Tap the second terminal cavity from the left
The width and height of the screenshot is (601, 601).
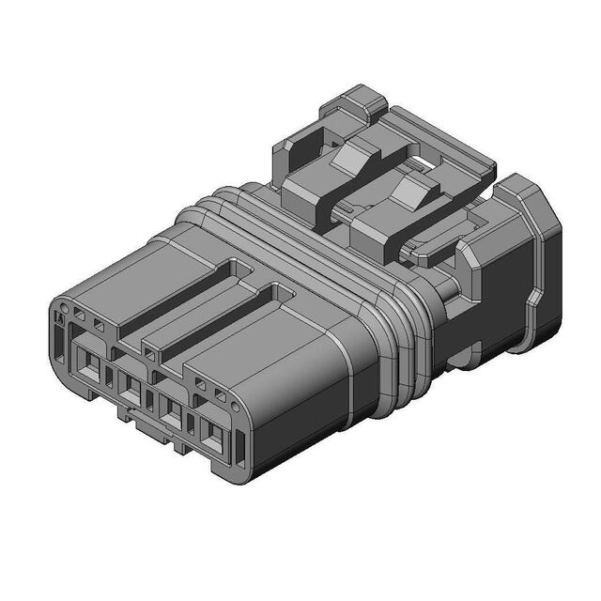pos(131,390)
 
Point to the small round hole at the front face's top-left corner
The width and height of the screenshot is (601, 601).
pos(63,307)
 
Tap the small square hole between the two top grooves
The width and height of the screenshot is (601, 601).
pos(150,353)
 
